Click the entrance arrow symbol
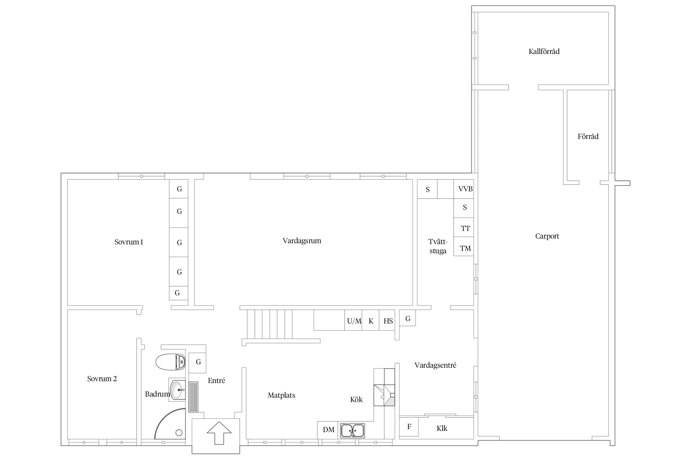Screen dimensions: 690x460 pyautogui.click(x=219, y=433)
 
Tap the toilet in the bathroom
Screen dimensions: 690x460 pyautogui.click(x=171, y=362)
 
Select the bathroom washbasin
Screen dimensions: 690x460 pyautogui.click(x=177, y=389)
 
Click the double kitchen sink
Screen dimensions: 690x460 pyautogui.click(x=352, y=430)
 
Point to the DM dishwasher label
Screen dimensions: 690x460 pyautogui.click(x=328, y=430)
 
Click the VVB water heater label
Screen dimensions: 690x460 pyautogui.click(x=465, y=189)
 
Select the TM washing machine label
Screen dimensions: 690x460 pyautogui.click(x=465, y=248)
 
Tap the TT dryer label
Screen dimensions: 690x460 pyautogui.click(x=465, y=228)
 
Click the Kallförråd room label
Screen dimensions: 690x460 pyautogui.click(x=544, y=52)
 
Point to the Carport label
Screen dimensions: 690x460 pyautogui.click(x=547, y=236)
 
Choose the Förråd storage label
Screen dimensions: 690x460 pyautogui.click(x=588, y=136)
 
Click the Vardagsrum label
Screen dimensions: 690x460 pyautogui.click(x=302, y=241)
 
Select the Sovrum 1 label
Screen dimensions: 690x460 pyautogui.click(x=129, y=242)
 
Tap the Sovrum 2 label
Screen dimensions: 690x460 pyautogui.click(x=102, y=379)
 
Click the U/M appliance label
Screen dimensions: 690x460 pyautogui.click(x=354, y=321)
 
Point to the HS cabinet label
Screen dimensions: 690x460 pyautogui.click(x=388, y=321)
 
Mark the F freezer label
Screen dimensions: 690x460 pyautogui.click(x=409, y=427)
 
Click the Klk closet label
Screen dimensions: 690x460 pyautogui.click(x=442, y=428)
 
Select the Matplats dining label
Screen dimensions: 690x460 pyautogui.click(x=282, y=395)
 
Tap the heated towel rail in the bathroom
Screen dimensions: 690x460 pyautogui.click(x=193, y=397)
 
